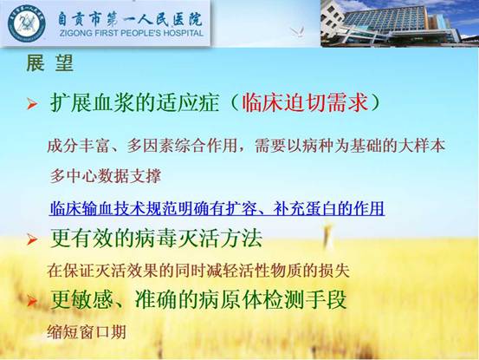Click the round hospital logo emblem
pos(27,23)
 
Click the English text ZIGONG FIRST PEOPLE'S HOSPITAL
pos(132,33)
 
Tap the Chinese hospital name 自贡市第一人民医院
pos(131,19)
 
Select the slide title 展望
pos(49,63)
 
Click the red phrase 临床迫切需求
pos(305,102)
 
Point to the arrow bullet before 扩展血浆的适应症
pos(32,104)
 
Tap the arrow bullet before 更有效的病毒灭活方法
pos(32,239)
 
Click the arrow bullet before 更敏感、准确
pos(32,301)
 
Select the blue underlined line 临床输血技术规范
pos(217,209)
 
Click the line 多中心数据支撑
pos(105,176)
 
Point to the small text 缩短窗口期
pos(87,331)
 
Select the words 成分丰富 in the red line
pos(79,146)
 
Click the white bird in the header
pos(297,31)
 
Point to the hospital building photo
pos(399,23)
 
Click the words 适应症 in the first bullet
pos(188,102)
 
